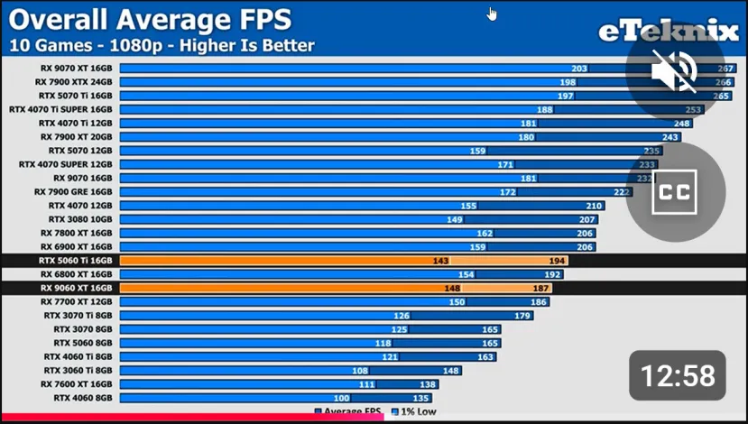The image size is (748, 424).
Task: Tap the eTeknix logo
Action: coord(669,32)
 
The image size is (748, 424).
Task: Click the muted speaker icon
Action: coord(674,72)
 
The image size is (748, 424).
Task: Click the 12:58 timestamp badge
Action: coord(677,375)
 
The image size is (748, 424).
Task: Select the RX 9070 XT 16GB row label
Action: coord(76,68)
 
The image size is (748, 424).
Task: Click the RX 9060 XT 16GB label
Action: coord(76,288)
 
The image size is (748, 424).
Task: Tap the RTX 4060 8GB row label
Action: coord(83,397)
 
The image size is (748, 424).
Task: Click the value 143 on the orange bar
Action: coord(440,260)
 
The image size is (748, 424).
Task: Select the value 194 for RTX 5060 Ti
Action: coord(556,260)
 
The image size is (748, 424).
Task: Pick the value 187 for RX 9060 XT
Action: coord(540,288)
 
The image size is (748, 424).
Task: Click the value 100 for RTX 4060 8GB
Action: coord(341,397)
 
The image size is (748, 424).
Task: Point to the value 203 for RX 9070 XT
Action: coord(578,68)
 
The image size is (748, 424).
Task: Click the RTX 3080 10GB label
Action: coord(80,219)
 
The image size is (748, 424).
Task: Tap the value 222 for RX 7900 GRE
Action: coord(621,191)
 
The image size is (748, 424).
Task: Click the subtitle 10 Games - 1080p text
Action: coord(162,45)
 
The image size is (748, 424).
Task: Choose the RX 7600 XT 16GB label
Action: coord(77,383)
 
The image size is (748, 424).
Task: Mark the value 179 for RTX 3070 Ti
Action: coord(522,315)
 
